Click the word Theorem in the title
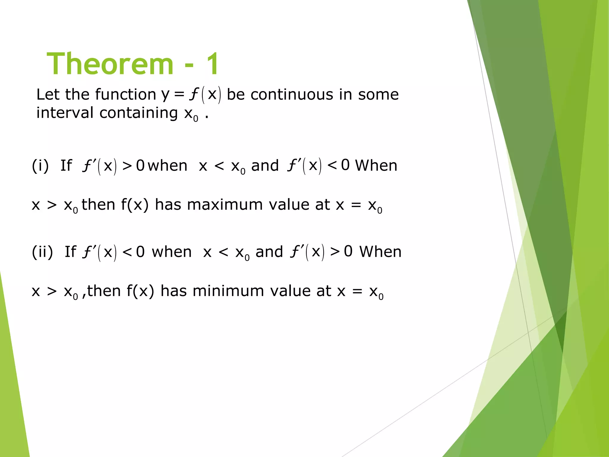coord(110,64)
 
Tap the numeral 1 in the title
coord(213,64)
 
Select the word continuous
coord(292,95)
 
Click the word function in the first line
coord(125,95)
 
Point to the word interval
coord(65,113)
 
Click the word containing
coord(139,113)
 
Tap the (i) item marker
coord(40,166)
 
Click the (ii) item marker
coord(43,252)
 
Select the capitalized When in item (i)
coord(376,165)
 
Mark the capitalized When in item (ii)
coord(380,252)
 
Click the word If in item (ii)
coord(70,252)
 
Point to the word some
coord(378,95)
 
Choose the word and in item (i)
coord(265,165)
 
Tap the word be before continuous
coord(236,95)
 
